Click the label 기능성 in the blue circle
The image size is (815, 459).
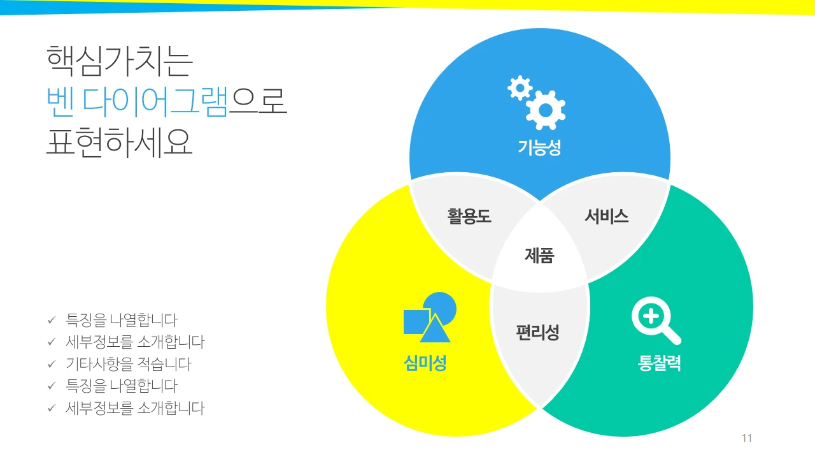click(x=539, y=149)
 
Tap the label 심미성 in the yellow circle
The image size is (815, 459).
click(x=425, y=363)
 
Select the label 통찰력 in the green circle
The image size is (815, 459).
click(x=660, y=363)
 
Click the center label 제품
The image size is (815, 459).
click(x=539, y=256)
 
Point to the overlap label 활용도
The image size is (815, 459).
click(x=469, y=216)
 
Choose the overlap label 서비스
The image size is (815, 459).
click(x=607, y=216)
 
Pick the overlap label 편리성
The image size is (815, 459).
click(x=538, y=332)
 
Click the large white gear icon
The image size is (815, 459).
click(x=546, y=109)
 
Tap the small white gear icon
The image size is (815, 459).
click(x=520, y=87)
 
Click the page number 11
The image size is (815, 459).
click(x=747, y=438)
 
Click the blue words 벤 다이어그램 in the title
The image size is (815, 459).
click(x=137, y=102)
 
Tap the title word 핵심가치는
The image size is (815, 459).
click(x=119, y=62)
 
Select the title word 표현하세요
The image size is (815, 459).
click(x=119, y=142)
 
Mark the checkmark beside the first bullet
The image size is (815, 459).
click(x=52, y=320)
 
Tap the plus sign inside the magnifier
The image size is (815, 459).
click(x=649, y=316)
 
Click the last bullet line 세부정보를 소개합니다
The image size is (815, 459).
click(x=135, y=408)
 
